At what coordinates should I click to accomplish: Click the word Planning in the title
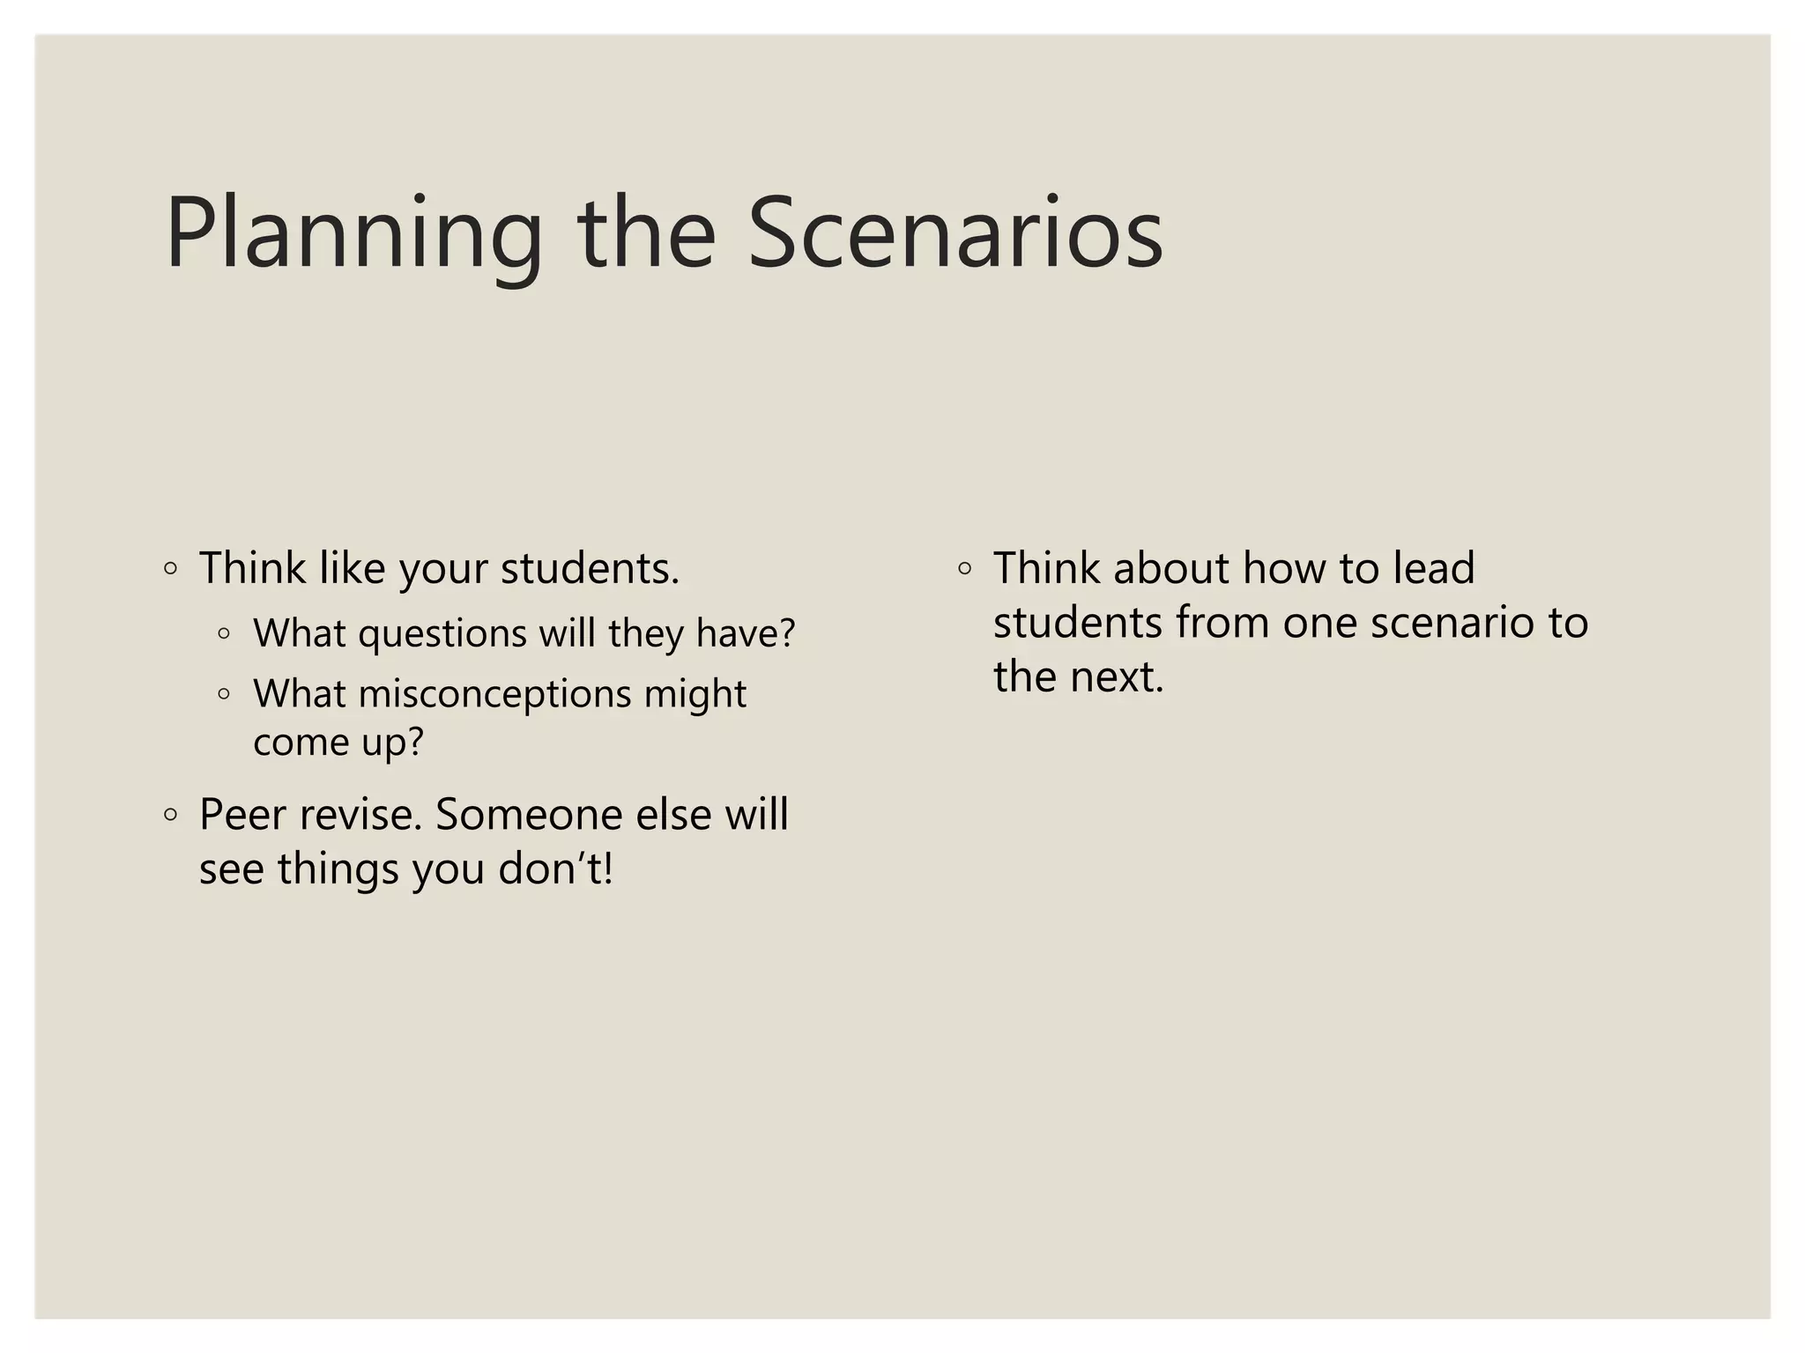click(353, 234)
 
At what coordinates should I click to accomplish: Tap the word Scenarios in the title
click(955, 234)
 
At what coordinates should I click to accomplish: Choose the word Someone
click(529, 815)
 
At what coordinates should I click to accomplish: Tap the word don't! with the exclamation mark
click(555, 869)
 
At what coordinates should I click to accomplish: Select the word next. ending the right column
click(1118, 677)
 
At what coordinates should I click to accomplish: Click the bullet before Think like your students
click(171, 569)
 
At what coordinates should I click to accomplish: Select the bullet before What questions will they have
click(225, 633)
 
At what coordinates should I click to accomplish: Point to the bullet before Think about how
click(965, 569)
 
